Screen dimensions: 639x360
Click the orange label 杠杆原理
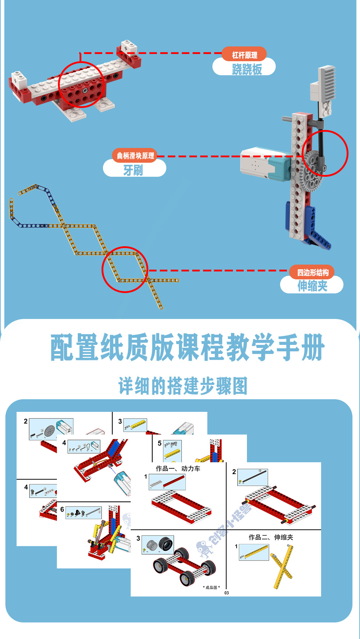pyautogui.click(x=244, y=55)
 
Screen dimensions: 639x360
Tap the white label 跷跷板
pyautogui.click(x=247, y=69)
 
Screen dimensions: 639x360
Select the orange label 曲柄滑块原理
pyautogui.click(x=135, y=156)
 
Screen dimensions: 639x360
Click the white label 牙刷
pyautogui.click(x=133, y=170)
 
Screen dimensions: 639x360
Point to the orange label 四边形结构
pyautogui.click(x=312, y=272)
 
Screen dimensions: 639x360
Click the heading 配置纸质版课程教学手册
pyautogui.click(x=187, y=347)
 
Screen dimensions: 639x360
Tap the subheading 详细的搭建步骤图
pyautogui.click(x=183, y=386)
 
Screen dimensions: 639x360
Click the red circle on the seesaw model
pyautogui.click(x=81, y=85)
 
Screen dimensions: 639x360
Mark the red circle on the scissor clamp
pyautogui.click(x=125, y=270)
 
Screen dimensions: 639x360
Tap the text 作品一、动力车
pyautogui.click(x=178, y=468)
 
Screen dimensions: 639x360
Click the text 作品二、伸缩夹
pyautogui.click(x=271, y=537)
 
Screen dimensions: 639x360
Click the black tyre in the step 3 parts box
pyautogui.click(x=166, y=544)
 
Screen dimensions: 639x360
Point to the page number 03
pyautogui.click(x=226, y=593)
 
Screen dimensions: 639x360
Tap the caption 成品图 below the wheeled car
pyautogui.click(x=211, y=587)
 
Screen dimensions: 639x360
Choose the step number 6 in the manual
pyautogui.click(x=62, y=509)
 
